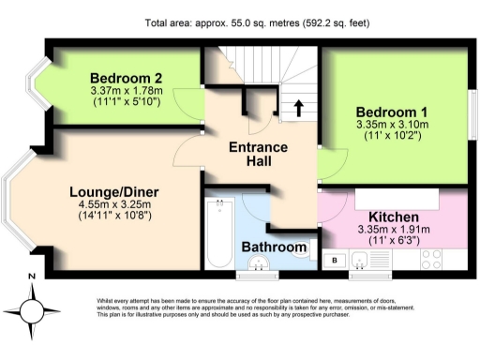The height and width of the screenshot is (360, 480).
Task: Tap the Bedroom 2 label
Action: click(127, 78)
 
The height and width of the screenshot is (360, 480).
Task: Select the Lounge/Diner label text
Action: click(113, 192)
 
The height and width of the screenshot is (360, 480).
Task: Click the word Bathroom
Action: click(275, 247)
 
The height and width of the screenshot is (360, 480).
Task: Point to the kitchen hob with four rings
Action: click(433, 257)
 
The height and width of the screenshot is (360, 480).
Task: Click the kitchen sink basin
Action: click(362, 258)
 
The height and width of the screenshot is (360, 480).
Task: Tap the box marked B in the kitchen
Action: click(335, 258)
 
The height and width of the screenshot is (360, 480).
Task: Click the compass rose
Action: click(32, 308)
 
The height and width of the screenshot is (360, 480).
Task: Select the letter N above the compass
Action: click(32, 276)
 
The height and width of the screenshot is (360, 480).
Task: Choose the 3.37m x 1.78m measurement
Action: click(127, 91)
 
